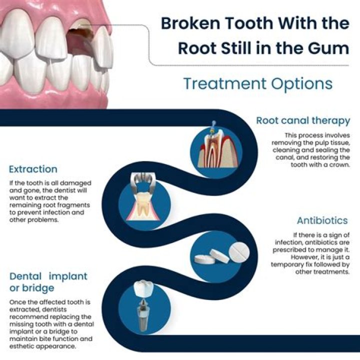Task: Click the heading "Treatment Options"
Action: pos(257,83)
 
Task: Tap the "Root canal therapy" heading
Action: pos(303,120)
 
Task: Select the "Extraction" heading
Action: pos(33,169)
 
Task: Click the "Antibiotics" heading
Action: pos(322,220)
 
